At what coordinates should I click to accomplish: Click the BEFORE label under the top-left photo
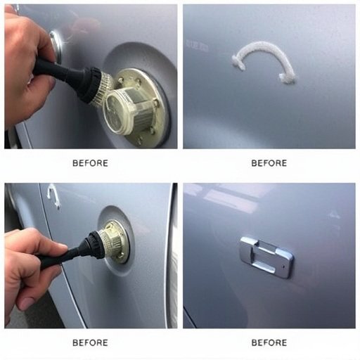[x=90, y=163]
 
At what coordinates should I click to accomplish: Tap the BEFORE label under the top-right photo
[x=269, y=163]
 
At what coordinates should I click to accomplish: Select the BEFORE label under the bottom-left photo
[x=90, y=342]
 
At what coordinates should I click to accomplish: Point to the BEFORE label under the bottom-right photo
[x=269, y=342]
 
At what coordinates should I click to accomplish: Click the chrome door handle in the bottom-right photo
[x=266, y=257]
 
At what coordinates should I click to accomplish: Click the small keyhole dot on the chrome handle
[x=283, y=266]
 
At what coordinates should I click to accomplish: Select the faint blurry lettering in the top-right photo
[x=197, y=46]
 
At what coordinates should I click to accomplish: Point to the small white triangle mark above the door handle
[x=335, y=214]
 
